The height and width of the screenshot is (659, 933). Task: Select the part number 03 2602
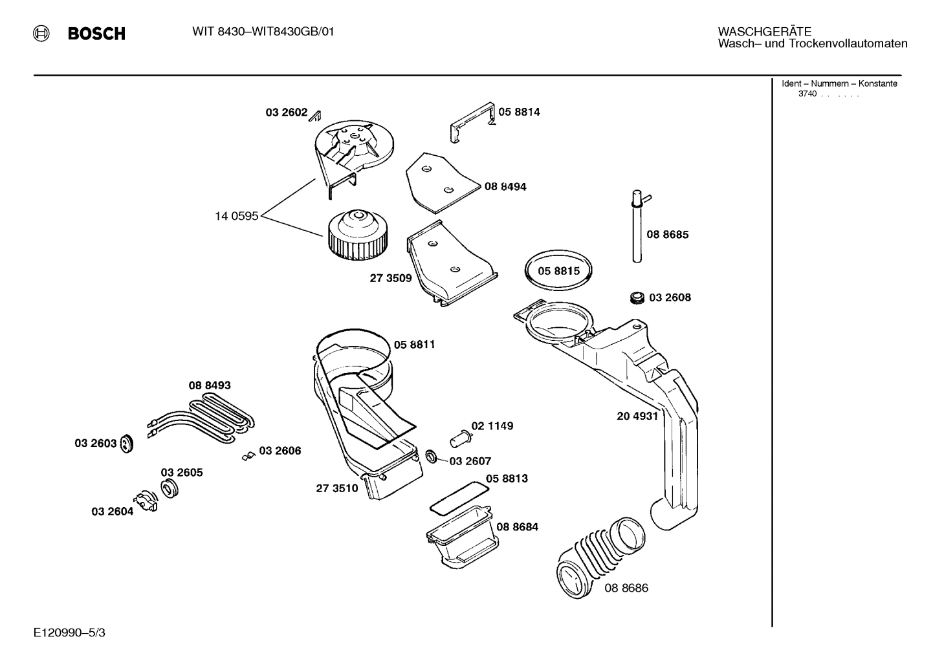coord(286,113)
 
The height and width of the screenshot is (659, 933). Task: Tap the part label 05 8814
coord(519,112)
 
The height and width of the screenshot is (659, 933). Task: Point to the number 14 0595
coord(236,216)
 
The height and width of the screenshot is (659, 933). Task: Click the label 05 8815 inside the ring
coord(559,271)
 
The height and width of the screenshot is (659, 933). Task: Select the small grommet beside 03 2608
coord(637,297)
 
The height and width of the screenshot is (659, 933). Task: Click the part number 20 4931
coord(637,416)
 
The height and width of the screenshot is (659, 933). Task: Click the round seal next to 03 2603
coord(127,444)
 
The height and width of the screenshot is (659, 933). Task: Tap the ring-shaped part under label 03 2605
coord(170,489)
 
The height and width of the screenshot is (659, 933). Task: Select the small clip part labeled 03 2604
coord(146,502)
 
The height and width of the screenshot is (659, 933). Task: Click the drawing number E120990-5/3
coord(69,632)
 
